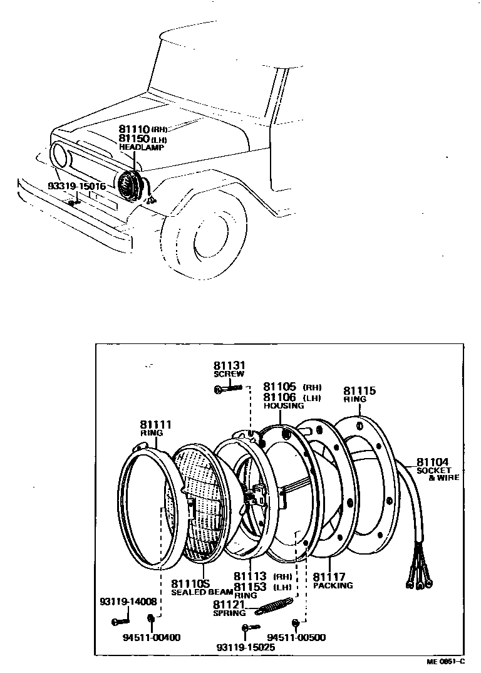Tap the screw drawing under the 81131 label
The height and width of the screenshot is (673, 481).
pyautogui.click(x=229, y=389)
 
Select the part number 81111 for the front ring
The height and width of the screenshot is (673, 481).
pyautogui.click(x=155, y=424)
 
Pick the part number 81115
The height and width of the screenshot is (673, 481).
pyautogui.click(x=359, y=390)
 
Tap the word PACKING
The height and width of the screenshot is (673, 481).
pyautogui.click(x=333, y=586)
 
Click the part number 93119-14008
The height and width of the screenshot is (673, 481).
pyautogui.click(x=127, y=602)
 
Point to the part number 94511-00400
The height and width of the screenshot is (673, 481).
pyautogui.click(x=152, y=637)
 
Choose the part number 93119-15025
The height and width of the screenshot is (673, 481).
pyautogui.click(x=246, y=647)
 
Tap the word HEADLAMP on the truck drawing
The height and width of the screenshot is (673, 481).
pyautogui.click(x=142, y=147)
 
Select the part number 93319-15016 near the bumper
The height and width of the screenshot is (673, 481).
pyautogui.click(x=76, y=186)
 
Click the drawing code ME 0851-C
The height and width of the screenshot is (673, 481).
pyautogui.click(x=446, y=661)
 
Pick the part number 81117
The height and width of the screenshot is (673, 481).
pyautogui.click(x=329, y=576)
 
